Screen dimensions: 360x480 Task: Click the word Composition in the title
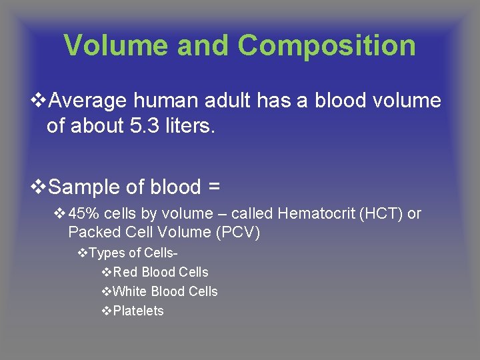pos(327,45)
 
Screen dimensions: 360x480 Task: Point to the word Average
pos(89,101)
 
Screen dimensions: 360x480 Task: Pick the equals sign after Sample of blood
pos(213,187)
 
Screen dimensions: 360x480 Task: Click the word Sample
pos(85,187)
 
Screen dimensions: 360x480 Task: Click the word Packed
pos(91,233)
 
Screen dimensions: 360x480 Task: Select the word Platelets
pos(138,311)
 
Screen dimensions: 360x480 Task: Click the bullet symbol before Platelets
pos(107,311)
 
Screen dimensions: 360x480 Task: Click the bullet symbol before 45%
pos(59,214)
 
